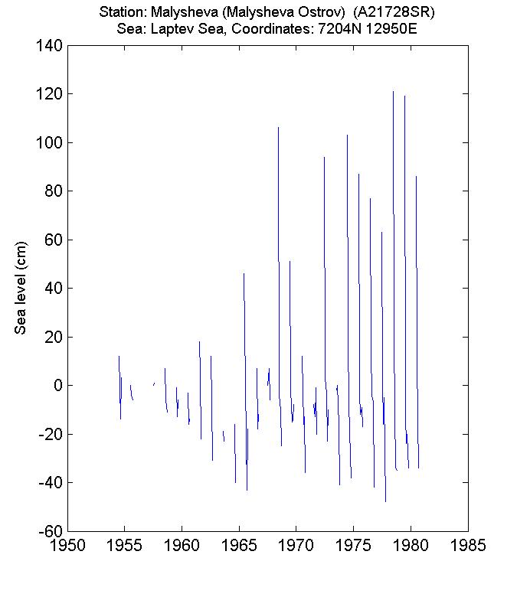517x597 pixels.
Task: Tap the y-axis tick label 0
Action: pos(57,386)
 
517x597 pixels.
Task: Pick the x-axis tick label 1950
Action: pos(67,546)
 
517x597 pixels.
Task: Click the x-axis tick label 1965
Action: pos(239,546)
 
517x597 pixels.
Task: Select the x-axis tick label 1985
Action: pos(467,546)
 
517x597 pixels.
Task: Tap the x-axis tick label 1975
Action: pos(353,546)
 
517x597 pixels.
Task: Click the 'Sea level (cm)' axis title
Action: pos(21,286)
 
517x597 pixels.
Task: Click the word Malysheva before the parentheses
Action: pos(178,13)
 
